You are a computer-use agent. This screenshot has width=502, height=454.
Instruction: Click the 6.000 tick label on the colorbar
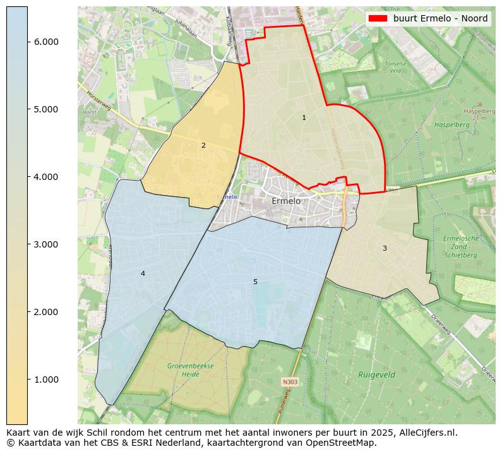(x=46, y=42)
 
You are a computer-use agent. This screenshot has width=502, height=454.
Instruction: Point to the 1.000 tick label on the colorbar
(x=46, y=379)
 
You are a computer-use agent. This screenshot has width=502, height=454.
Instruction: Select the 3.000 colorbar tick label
(x=46, y=244)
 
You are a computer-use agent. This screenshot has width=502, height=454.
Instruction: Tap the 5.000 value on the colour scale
(x=46, y=109)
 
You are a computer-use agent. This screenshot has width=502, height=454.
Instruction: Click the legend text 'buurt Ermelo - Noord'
(x=440, y=18)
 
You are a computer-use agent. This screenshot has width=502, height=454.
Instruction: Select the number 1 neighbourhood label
(x=304, y=117)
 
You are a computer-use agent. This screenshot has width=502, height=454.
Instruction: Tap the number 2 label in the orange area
(x=203, y=145)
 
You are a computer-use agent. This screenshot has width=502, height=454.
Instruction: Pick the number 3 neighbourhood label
(x=385, y=248)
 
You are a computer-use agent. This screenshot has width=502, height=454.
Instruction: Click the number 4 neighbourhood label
(x=143, y=273)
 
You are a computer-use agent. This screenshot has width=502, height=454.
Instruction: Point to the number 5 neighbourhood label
(x=255, y=282)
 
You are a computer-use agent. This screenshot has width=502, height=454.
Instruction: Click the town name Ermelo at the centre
(x=286, y=201)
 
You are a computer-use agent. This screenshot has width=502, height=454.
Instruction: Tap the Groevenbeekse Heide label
(x=191, y=370)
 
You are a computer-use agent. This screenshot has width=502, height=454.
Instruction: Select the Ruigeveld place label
(x=376, y=374)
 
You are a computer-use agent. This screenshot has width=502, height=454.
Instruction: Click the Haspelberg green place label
(x=451, y=125)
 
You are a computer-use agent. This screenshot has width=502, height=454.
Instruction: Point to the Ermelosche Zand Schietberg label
(x=461, y=247)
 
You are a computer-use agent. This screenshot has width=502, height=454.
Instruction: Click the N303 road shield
(x=290, y=382)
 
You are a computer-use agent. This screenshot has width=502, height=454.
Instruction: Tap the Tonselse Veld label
(x=395, y=68)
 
